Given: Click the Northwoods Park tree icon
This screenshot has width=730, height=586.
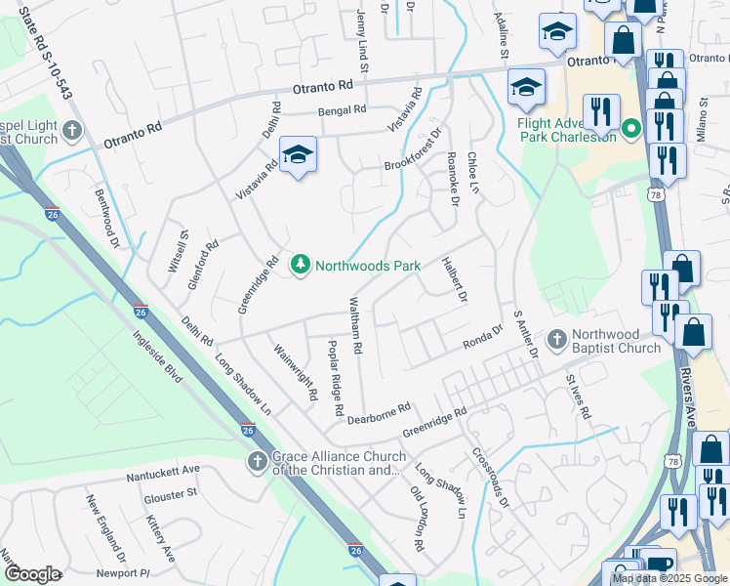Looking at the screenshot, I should tap(300, 265).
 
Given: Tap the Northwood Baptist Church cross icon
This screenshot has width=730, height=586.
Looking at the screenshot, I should tap(557, 340).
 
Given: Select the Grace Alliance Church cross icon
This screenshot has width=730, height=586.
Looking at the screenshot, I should tap(258, 461).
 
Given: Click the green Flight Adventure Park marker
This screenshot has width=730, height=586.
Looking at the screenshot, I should tap(630, 128).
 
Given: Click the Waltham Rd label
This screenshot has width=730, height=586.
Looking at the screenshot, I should tap(356, 325).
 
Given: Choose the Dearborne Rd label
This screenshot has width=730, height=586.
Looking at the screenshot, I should tap(380, 412).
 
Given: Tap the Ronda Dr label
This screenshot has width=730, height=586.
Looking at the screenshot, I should tap(481, 338).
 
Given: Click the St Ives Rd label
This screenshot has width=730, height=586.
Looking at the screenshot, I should tap(579, 396).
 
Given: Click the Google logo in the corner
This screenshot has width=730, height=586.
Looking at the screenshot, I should tap(32, 574).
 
